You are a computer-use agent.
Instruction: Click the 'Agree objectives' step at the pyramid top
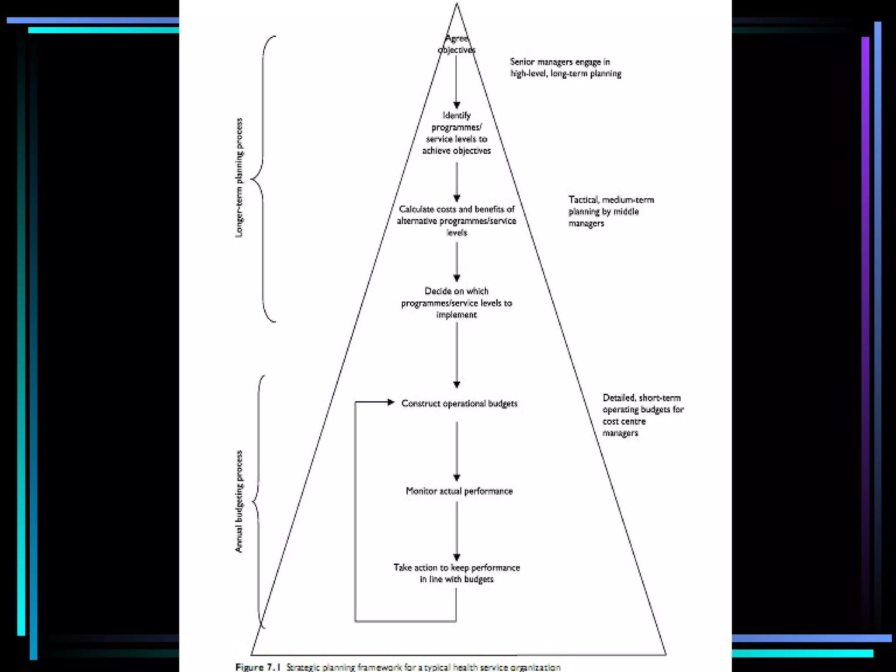456,44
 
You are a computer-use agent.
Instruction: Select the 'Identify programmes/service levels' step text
456,133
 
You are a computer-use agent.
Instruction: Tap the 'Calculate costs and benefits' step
456,220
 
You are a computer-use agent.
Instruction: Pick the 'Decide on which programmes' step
456,303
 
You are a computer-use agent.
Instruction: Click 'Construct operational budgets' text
459,403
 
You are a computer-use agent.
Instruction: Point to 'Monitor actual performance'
459,491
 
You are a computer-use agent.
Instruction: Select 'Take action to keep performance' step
456,573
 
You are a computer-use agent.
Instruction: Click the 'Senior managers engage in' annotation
565,68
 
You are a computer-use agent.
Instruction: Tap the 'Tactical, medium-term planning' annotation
611,211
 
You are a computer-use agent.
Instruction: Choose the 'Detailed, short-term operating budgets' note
643,415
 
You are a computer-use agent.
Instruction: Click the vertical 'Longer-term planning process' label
239,178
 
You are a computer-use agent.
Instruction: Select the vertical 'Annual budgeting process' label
239,501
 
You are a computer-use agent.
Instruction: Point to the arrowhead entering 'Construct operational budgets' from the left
391,402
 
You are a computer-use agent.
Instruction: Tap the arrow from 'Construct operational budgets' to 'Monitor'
456,451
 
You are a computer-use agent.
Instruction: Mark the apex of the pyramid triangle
457,4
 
